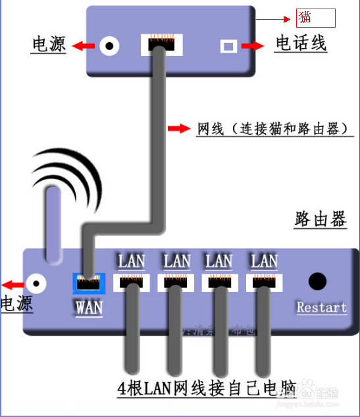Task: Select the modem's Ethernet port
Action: point(161,45)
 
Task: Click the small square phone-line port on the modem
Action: point(228,46)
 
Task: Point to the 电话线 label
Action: point(301,44)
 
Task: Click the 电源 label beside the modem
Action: point(49,45)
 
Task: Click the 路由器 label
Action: point(320,220)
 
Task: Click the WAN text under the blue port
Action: point(89,307)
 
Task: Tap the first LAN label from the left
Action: point(132,260)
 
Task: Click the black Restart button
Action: point(318,282)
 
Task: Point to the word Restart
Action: point(321,307)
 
